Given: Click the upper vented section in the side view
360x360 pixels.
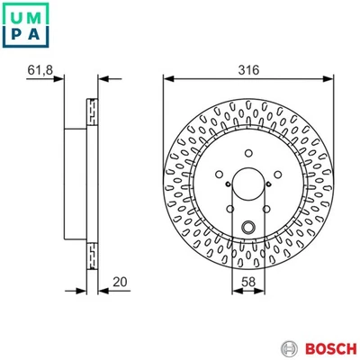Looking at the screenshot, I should click(x=92, y=111).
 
